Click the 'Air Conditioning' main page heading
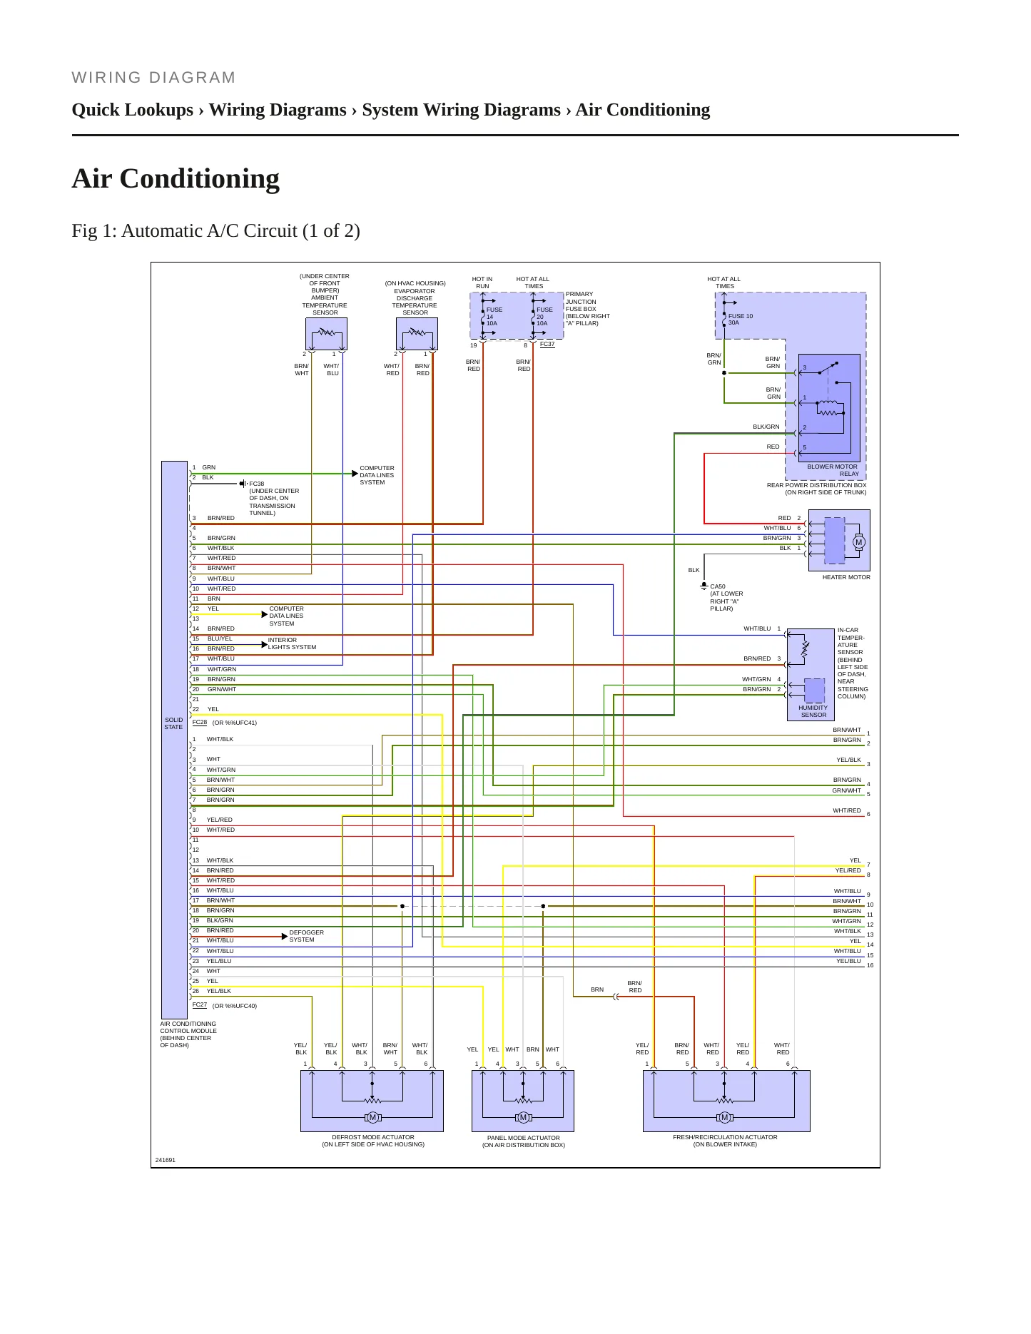(176, 178)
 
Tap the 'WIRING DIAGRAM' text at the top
(153, 78)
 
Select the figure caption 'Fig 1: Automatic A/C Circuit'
(215, 231)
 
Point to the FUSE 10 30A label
(740, 320)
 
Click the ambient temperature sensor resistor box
(326, 334)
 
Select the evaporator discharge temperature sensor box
(417, 334)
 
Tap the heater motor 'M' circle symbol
(858, 542)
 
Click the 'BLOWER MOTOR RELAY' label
(833, 470)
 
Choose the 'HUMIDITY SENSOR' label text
(813, 711)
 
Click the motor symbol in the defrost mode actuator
(372, 1117)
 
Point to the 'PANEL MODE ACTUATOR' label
(523, 1138)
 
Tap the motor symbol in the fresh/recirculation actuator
(724, 1117)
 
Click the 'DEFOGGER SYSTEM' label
(306, 936)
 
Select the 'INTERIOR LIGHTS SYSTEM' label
(292, 643)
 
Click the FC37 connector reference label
(547, 344)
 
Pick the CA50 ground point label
(717, 586)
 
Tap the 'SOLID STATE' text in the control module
(173, 723)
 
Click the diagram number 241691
(165, 1160)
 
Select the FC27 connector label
(200, 1004)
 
